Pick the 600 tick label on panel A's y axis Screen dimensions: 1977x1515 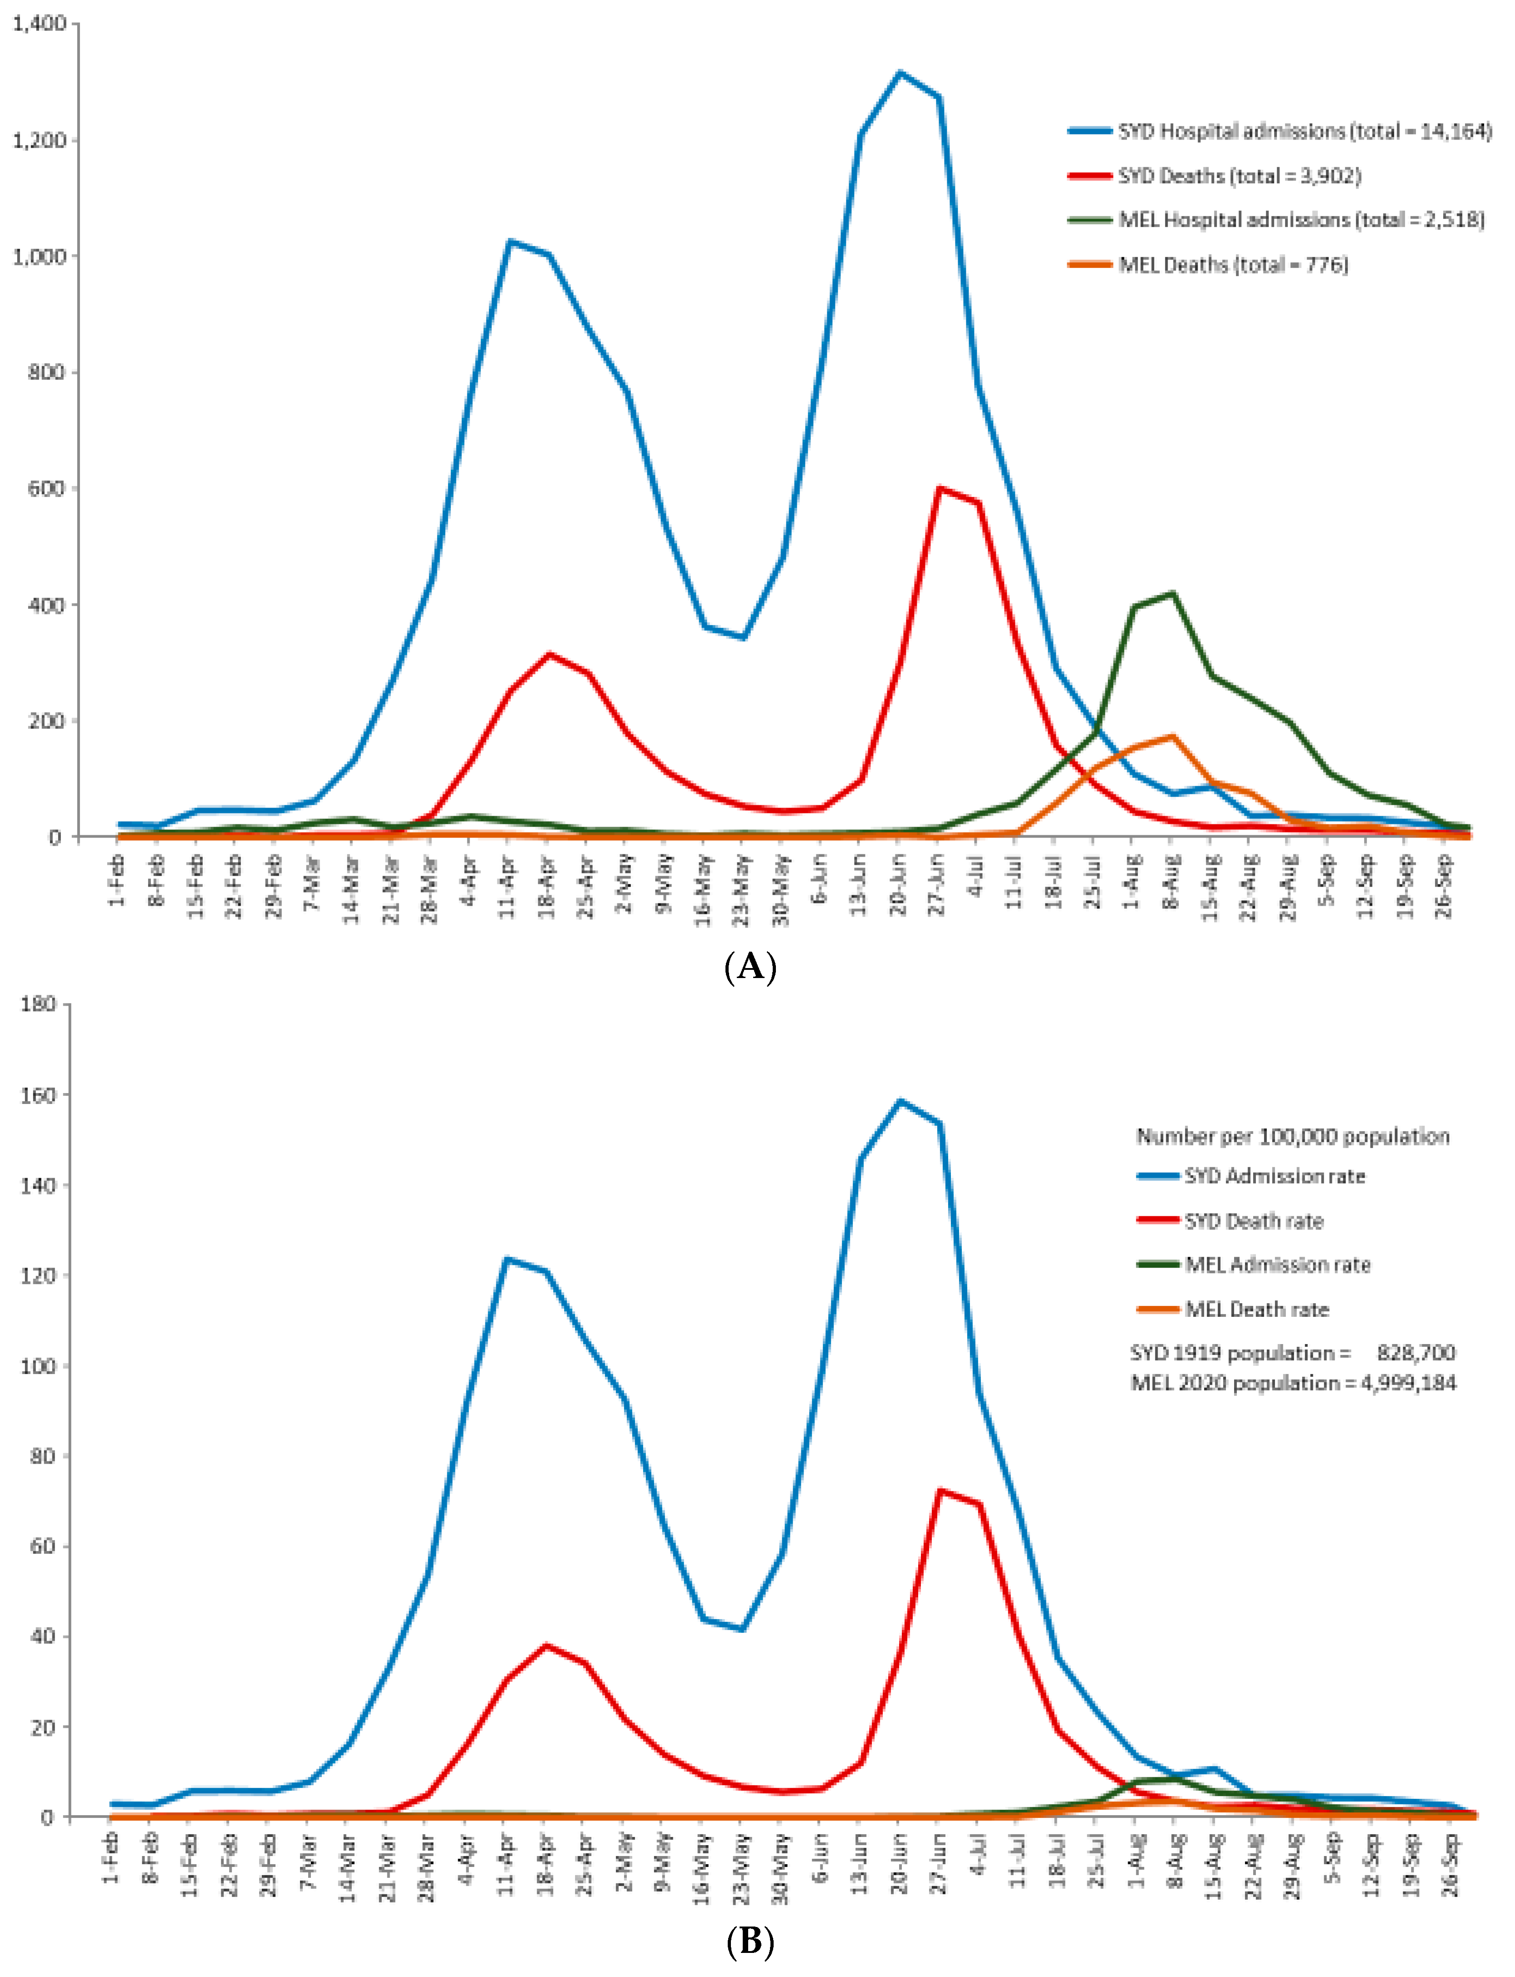tap(47, 489)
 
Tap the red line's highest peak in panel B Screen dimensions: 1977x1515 tap(939, 1490)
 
